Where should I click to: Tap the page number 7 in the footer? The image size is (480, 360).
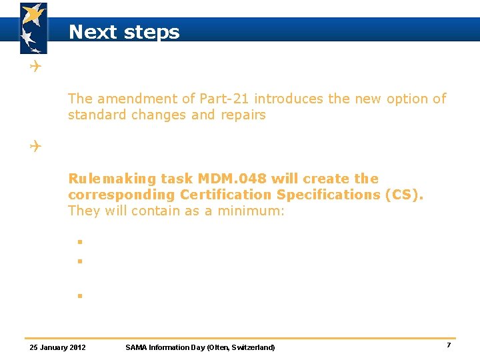[449, 345]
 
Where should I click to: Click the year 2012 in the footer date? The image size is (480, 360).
[77, 347]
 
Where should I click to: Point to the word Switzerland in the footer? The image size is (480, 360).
[251, 347]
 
